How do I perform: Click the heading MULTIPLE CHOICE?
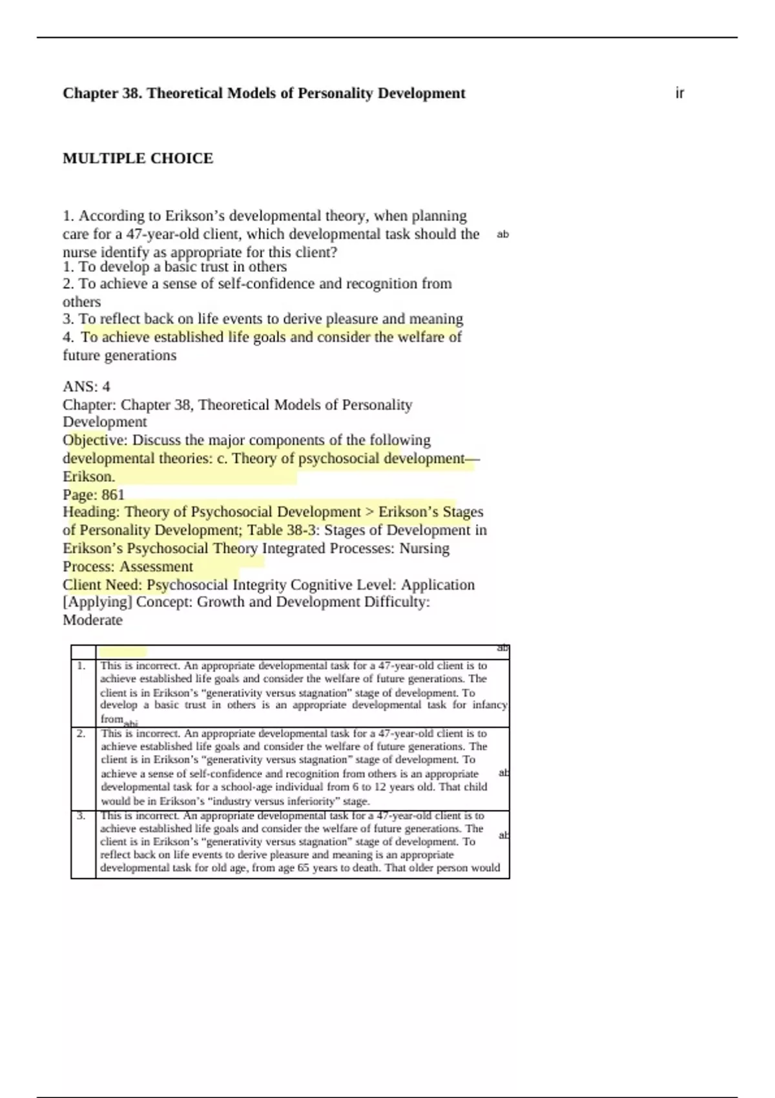pos(138,158)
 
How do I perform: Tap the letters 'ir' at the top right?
pos(679,93)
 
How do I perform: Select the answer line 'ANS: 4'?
pos(87,386)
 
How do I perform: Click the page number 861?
pos(112,495)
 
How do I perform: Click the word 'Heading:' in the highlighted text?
pos(92,512)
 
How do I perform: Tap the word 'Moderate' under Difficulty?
pos(92,620)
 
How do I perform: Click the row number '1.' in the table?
pos(81,665)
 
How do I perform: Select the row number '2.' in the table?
pos(81,733)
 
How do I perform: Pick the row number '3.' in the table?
pos(81,815)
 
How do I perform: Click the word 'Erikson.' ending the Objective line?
pos(88,477)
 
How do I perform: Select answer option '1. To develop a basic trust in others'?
pos(174,267)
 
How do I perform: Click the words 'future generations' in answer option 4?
pos(119,355)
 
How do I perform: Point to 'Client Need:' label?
pos(103,585)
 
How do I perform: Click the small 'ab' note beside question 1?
pos(502,234)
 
